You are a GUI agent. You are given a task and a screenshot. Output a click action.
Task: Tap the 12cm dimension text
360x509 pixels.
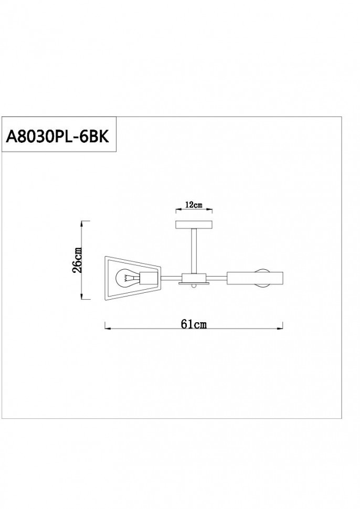194,205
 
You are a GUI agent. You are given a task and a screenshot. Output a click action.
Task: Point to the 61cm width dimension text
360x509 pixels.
194,324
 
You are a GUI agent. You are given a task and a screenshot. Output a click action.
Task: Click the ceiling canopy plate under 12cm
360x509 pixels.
194,225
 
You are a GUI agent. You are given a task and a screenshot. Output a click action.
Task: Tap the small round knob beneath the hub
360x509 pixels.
194,287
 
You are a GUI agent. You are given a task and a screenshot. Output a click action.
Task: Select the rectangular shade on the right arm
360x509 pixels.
255,278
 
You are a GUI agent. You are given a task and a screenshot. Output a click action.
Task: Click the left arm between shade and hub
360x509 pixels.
170,278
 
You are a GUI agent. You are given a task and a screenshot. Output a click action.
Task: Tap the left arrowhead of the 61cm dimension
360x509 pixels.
107,329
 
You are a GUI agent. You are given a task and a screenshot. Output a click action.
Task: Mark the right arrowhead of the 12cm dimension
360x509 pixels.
211,211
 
